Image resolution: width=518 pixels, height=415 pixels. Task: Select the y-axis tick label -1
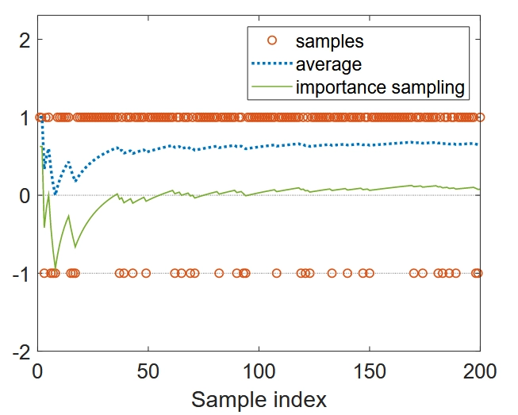[x=17, y=273]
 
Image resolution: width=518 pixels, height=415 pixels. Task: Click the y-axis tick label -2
[x=17, y=351]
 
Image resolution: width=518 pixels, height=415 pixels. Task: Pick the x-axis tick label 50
[x=148, y=371]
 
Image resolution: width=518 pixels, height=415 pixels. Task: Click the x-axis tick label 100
[x=258, y=371]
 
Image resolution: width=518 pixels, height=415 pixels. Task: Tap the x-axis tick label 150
[x=369, y=371]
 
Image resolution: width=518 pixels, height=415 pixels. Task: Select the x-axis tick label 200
[x=479, y=371]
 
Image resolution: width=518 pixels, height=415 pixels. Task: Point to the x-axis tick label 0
[x=37, y=371]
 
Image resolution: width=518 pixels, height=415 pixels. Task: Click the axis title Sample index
[x=259, y=397]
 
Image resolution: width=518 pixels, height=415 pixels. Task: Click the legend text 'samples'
[x=330, y=39]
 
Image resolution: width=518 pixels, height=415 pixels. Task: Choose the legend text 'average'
[x=328, y=63]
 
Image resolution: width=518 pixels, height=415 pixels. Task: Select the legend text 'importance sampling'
[x=380, y=86]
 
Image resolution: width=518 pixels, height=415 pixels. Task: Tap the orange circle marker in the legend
[x=271, y=39]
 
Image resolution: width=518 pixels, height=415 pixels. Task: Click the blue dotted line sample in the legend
[x=271, y=63]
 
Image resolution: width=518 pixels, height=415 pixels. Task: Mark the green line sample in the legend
[x=271, y=86]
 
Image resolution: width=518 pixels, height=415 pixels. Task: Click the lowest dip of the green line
[x=56, y=269]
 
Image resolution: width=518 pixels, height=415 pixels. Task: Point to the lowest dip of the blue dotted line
[x=55, y=194]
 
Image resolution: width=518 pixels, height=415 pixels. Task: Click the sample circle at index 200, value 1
[x=480, y=117]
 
